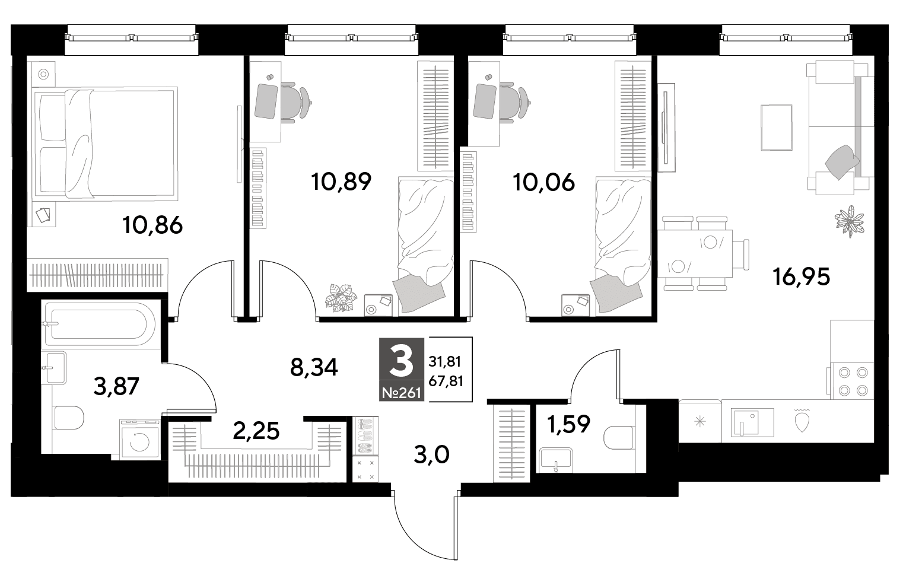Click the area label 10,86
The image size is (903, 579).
[x=153, y=225]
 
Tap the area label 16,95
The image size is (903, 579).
[x=802, y=277]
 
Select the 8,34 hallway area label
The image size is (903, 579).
[x=314, y=368]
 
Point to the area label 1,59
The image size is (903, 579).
[x=568, y=424]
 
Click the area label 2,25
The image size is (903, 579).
[x=256, y=431]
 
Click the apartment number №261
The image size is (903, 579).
[x=402, y=393]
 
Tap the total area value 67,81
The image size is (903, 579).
[x=446, y=381]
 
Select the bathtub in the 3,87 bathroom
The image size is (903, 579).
[x=100, y=324]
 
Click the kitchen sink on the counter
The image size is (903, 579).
[x=752, y=423]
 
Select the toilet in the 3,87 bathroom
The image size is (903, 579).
[x=69, y=418]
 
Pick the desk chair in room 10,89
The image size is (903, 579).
[x=296, y=101]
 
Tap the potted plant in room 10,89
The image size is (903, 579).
[x=341, y=298]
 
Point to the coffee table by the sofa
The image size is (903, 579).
[x=777, y=128]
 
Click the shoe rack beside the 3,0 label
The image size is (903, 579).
[x=365, y=436]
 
